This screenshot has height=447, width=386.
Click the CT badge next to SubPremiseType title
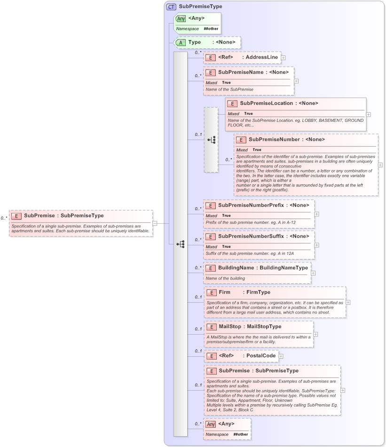pos(171,7)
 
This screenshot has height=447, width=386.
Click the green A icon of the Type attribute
pos(181,42)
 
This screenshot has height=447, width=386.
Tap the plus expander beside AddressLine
pos(283,57)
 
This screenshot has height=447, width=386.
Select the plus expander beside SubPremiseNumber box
pos(380,165)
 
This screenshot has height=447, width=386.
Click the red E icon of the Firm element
pos(211,292)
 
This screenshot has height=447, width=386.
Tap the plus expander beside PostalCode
pos(281,356)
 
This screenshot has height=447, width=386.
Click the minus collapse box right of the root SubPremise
pos(155,223)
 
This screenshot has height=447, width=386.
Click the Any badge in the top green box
pos(181,18)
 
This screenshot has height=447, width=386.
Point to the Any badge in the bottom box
pos(211,424)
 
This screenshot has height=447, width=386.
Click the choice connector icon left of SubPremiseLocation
pos(211,140)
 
